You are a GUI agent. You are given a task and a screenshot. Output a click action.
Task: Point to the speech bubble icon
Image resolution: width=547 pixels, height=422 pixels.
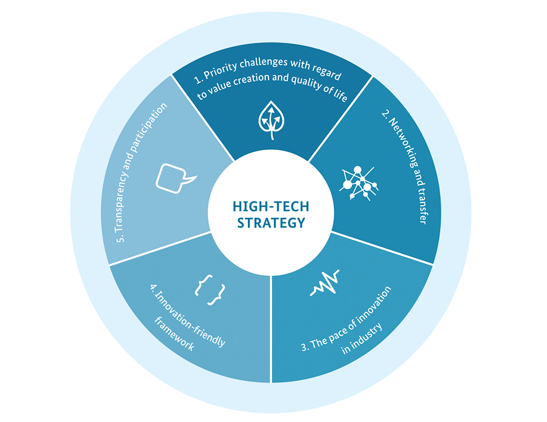(174, 176)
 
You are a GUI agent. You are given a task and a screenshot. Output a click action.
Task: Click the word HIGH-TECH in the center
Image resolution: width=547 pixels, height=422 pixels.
(270, 206)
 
